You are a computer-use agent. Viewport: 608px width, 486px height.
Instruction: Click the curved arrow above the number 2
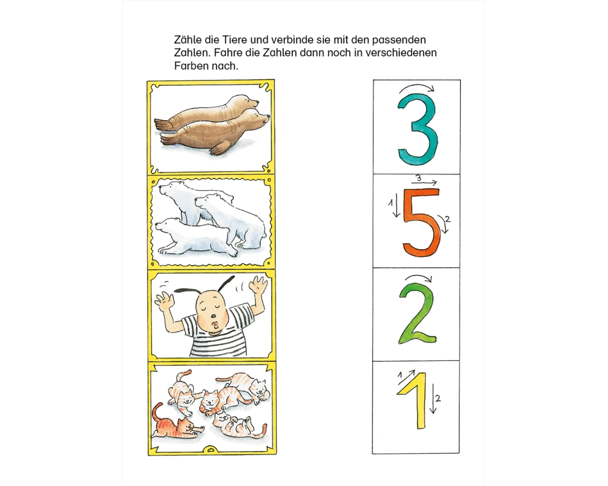(419, 278)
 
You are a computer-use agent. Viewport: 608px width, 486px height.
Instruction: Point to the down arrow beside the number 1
(433, 399)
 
